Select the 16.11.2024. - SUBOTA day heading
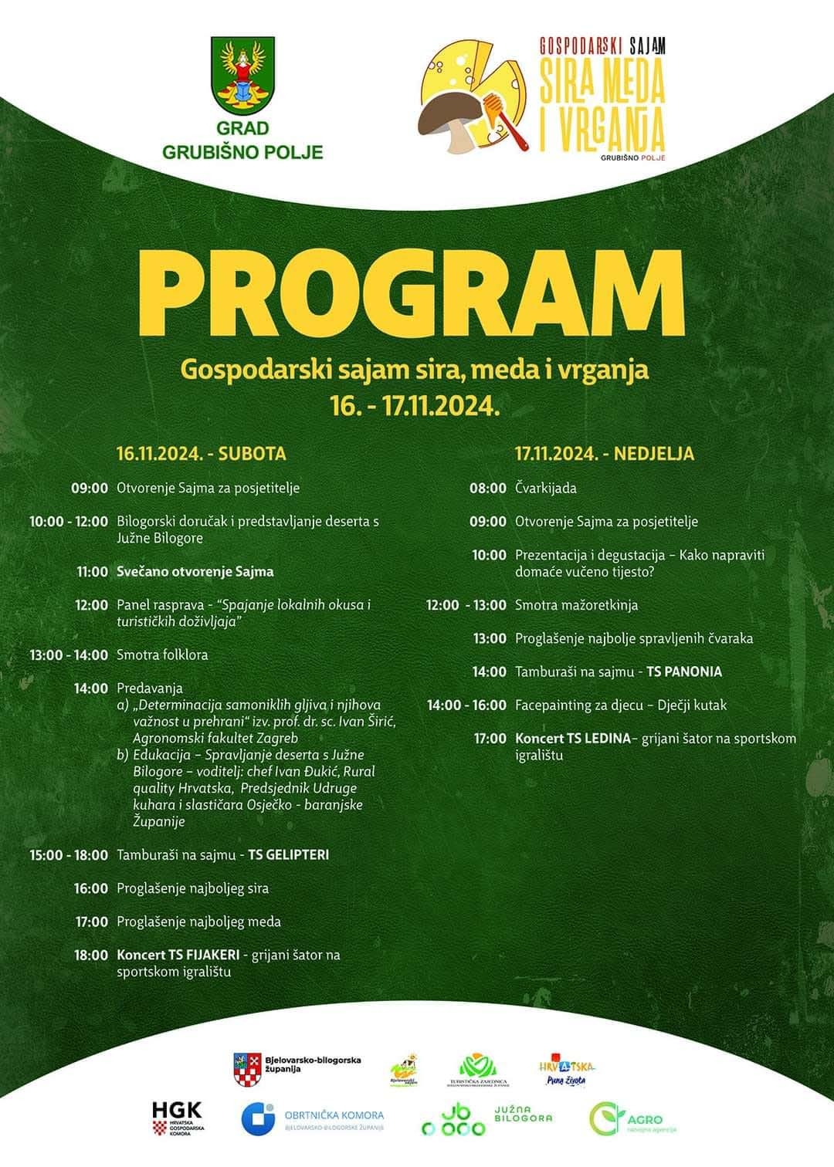tap(202, 453)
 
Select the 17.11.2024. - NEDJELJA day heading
tap(605, 453)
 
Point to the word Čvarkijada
tap(546, 488)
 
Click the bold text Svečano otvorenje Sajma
tap(195, 572)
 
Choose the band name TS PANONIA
tap(684, 671)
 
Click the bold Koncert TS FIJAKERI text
tap(178, 955)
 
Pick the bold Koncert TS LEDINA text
tap(573, 739)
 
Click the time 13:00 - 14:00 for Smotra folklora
tap(69, 655)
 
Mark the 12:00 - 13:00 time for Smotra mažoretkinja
tap(466, 605)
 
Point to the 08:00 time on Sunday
tap(488, 488)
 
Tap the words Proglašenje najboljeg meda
tap(198, 922)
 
